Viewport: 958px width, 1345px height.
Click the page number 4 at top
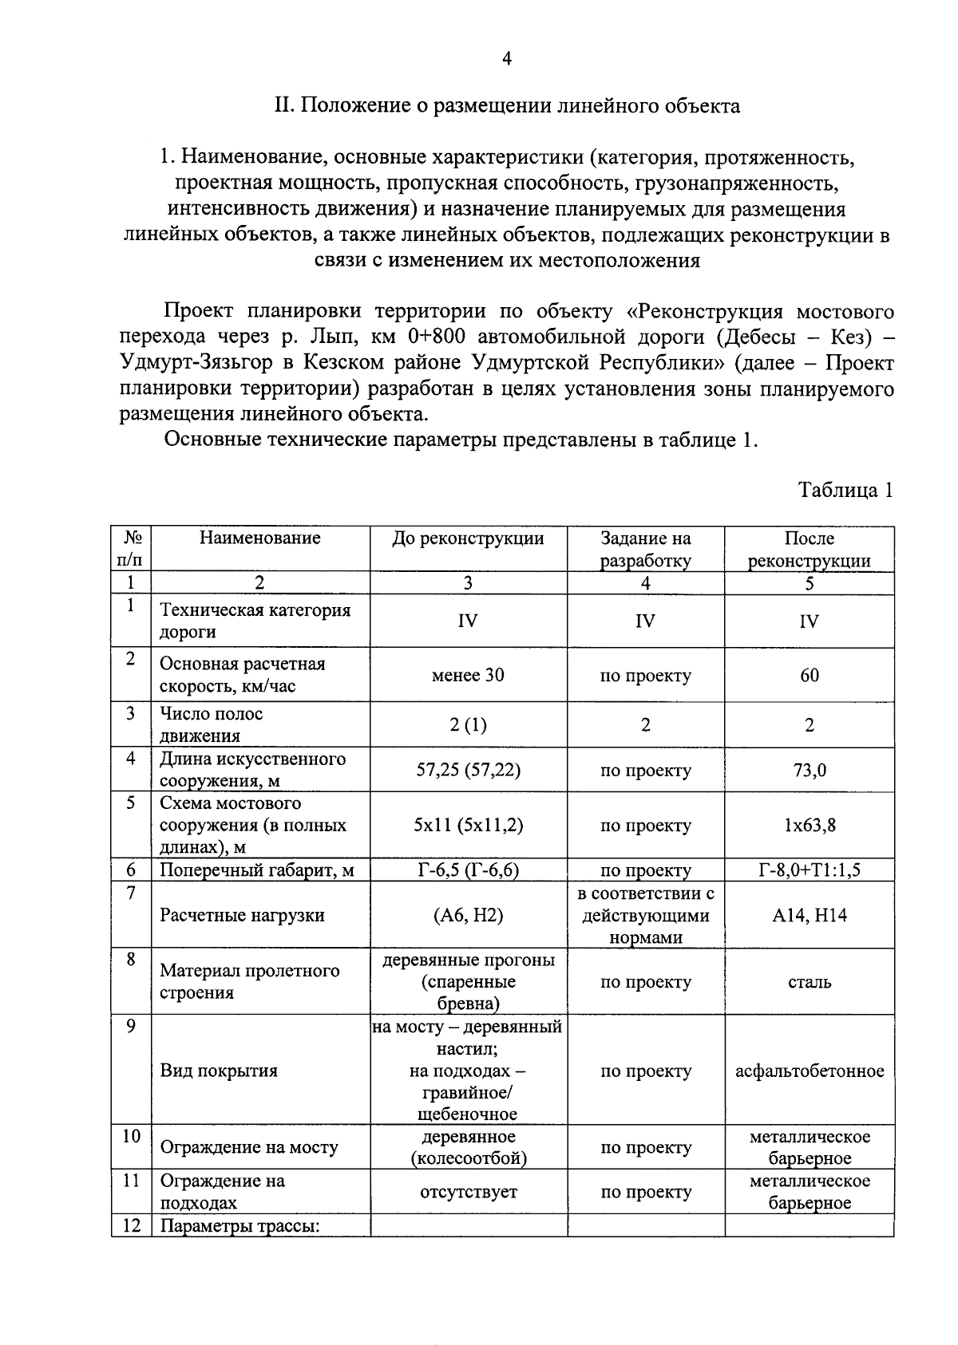506,59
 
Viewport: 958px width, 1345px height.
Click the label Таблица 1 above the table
845,490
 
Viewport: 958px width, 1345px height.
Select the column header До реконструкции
468,538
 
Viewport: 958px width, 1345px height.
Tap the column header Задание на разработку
645,549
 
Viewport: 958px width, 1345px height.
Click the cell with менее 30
468,675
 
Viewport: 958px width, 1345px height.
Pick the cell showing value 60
809,675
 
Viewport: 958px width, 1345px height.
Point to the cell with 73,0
809,770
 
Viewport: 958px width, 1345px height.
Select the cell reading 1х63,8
809,825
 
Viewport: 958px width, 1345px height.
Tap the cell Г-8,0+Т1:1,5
809,870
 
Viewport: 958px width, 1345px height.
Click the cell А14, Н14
809,915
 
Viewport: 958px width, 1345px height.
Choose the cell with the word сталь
809,982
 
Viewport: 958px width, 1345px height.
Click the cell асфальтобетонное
809,1071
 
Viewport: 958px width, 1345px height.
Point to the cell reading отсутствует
468,1192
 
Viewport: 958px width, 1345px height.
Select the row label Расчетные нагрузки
242,915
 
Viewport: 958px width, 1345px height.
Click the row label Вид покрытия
219,1071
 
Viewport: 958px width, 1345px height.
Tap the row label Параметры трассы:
239,1226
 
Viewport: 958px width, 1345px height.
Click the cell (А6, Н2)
468,915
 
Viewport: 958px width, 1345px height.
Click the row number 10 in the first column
131,1136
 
